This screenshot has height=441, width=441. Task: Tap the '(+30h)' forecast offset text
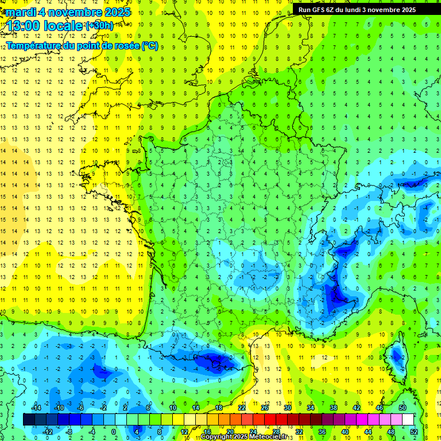click(99, 26)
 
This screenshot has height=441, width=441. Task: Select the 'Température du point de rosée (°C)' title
click(82, 46)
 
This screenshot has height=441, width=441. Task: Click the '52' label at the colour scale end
click(413, 432)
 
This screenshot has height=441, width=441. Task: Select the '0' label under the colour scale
click(113, 432)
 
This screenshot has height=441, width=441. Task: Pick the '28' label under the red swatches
click(276, 432)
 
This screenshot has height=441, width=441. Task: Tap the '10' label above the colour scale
click(172, 407)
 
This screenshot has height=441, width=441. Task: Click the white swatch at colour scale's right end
click(408, 420)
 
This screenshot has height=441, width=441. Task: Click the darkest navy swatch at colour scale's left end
click(29, 420)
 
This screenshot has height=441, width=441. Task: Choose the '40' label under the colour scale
click(345, 432)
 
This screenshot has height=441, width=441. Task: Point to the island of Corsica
click(395, 356)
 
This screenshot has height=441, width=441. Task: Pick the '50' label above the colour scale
click(402, 407)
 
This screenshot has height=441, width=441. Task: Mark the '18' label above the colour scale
click(218, 407)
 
